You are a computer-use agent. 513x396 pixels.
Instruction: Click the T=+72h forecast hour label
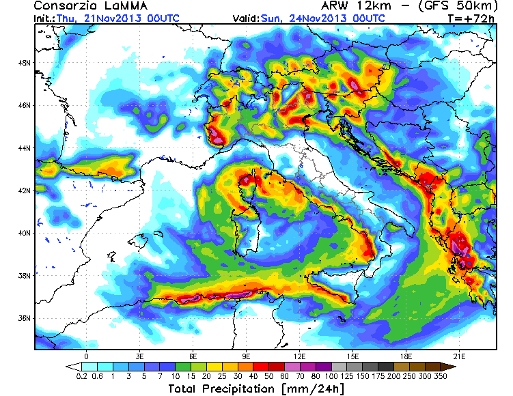[471, 18]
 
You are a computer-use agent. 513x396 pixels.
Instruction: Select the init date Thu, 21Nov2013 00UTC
[101, 18]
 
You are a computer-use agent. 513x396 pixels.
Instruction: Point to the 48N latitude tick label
[25, 63]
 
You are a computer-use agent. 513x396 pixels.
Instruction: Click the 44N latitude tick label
[25, 148]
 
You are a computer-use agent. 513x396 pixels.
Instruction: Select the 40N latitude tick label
[25, 233]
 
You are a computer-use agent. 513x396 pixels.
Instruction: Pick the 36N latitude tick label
[25, 318]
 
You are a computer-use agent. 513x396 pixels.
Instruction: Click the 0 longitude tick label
[87, 356]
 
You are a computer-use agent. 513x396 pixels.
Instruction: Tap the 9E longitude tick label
[247, 356]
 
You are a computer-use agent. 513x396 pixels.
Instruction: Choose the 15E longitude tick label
[353, 356]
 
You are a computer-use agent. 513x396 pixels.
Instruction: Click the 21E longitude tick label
[460, 356]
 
